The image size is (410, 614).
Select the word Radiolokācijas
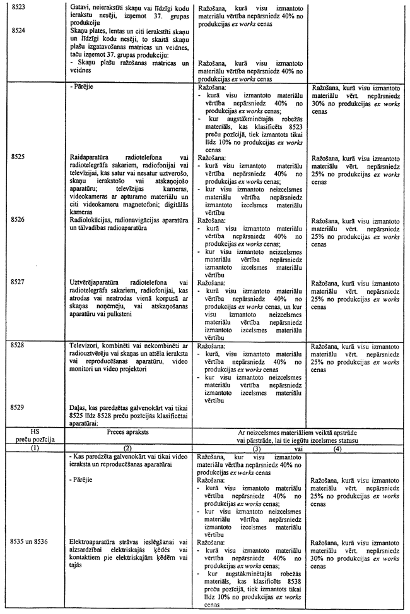click(x=91, y=220)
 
